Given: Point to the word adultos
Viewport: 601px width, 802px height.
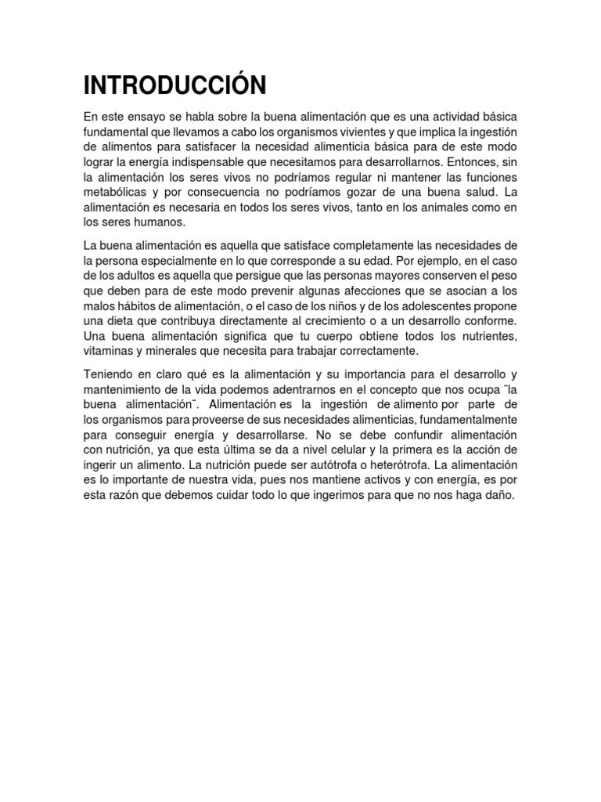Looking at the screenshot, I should [158, 275].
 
